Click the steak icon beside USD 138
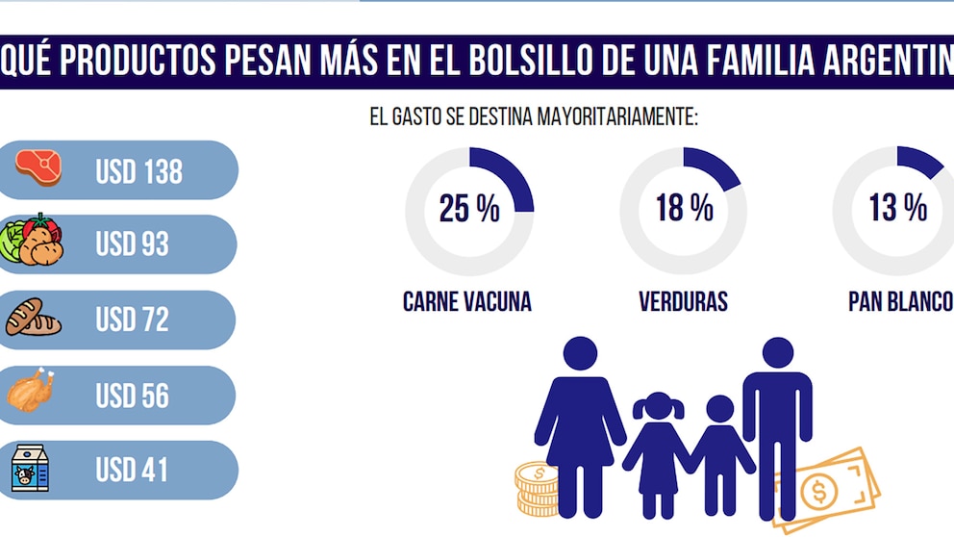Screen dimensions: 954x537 pyautogui.click(x=38, y=167)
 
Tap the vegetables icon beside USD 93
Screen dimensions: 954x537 pyautogui.click(x=31, y=240)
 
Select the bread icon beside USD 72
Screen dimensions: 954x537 pyautogui.click(x=33, y=318)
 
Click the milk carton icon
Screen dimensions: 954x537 pyautogui.click(x=30, y=469)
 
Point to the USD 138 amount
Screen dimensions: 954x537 pyautogui.click(x=138, y=171)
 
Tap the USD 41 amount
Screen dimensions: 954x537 pyautogui.click(x=132, y=471)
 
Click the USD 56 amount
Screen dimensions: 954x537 pyautogui.click(x=132, y=396)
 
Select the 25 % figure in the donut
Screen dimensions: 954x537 pyautogui.click(x=469, y=209)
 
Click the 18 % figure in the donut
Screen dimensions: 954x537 pyautogui.click(x=685, y=208)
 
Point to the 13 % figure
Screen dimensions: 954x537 pyautogui.click(x=898, y=208)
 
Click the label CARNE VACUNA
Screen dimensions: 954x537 pyautogui.click(x=467, y=302)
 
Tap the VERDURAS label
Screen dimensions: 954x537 pyautogui.click(x=683, y=302)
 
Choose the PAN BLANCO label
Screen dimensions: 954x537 pyautogui.click(x=901, y=302)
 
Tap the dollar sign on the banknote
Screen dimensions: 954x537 pyautogui.click(x=819, y=492)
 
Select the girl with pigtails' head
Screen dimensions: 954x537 pyautogui.click(x=659, y=406)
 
